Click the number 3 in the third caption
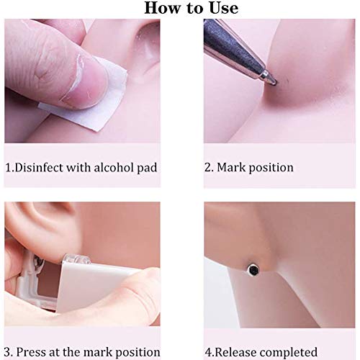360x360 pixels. [8, 351]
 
